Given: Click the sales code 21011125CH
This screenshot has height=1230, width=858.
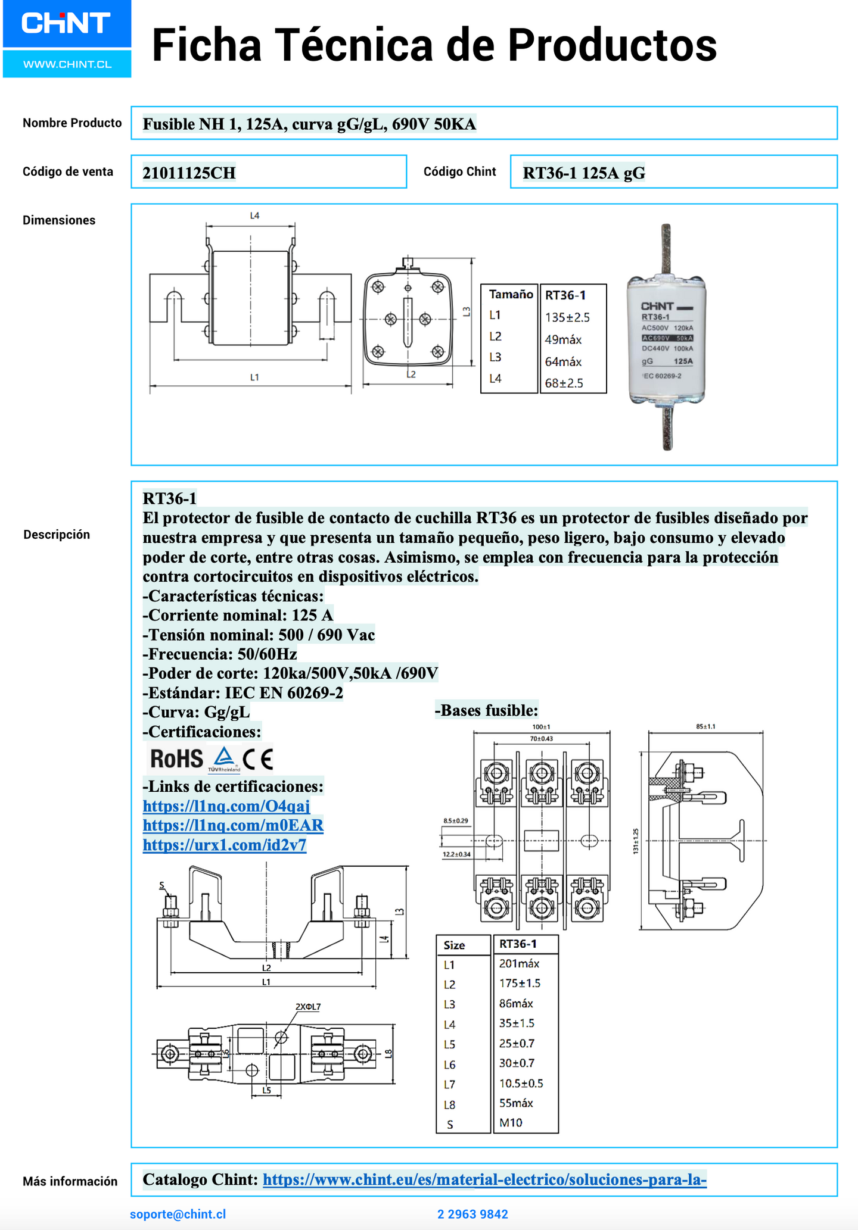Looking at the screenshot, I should click(x=189, y=173).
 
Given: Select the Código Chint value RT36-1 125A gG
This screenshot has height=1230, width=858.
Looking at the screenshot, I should click(x=583, y=173).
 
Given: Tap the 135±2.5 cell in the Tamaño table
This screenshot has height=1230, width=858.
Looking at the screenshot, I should click(x=567, y=317).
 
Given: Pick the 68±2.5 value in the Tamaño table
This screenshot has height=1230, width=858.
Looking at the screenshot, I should click(x=564, y=383).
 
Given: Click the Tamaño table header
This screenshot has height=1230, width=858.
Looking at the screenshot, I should click(x=511, y=294).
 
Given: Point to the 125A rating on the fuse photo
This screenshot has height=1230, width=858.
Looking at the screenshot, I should click(x=683, y=361).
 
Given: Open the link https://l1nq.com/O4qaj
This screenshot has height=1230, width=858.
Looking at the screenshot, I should click(x=226, y=806).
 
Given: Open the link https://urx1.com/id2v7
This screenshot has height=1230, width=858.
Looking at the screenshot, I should click(x=225, y=845).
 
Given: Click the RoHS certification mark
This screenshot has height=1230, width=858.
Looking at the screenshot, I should click(x=176, y=759).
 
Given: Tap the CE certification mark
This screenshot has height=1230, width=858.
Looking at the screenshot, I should click(x=258, y=759).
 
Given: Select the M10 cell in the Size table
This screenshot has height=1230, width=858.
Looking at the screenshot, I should click(x=511, y=1122).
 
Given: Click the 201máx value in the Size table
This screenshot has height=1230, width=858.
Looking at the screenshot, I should click(x=519, y=963).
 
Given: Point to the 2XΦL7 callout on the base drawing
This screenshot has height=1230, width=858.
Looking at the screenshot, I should click(x=307, y=1007).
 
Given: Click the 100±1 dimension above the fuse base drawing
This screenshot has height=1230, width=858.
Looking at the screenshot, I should click(x=541, y=727).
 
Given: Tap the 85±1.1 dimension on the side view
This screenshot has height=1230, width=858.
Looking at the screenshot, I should click(x=705, y=726).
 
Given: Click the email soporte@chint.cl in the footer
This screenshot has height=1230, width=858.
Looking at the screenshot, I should click(x=178, y=1214).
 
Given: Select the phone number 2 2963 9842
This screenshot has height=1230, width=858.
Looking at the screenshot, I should click(x=472, y=1214).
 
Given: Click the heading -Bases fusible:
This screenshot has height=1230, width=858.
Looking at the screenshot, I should click(x=487, y=710).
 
